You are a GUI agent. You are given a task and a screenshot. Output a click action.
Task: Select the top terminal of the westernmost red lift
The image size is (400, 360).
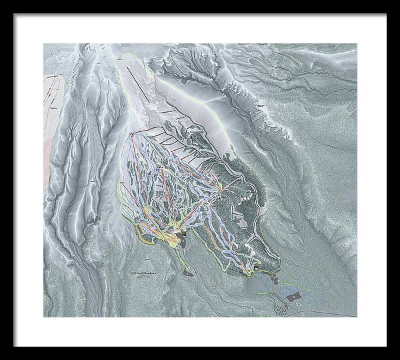(x=132, y=135)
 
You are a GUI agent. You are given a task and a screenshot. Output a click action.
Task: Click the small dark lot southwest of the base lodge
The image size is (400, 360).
(x=187, y=272)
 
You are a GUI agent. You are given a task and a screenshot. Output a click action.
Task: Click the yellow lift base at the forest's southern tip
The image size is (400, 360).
(x=257, y=267)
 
